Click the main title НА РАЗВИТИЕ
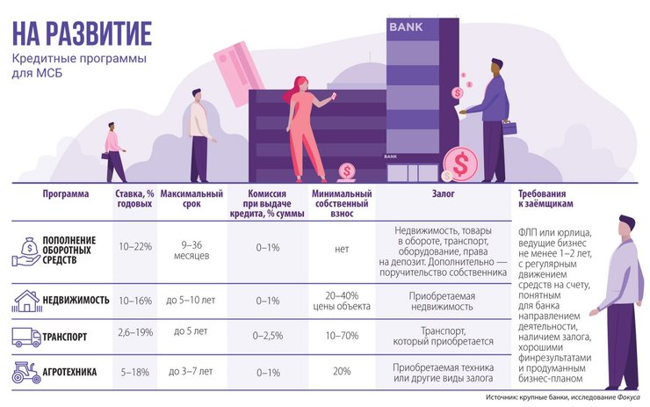click(x=82, y=33)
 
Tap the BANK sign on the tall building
click(x=405, y=27)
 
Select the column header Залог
click(x=444, y=193)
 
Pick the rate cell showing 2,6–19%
click(x=135, y=335)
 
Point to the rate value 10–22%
click(x=135, y=248)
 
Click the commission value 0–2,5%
click(x=267, y=335)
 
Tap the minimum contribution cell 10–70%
click(x=342, y=335)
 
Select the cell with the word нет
click(x=342, y=249)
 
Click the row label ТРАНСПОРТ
click(x=74, y=336)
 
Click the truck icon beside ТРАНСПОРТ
click(x=24, y=335)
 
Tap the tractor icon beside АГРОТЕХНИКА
click(x=24, y=372)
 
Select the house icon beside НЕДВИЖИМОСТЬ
click(x=24, y=301)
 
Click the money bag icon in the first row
click(x=24, y=250)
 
